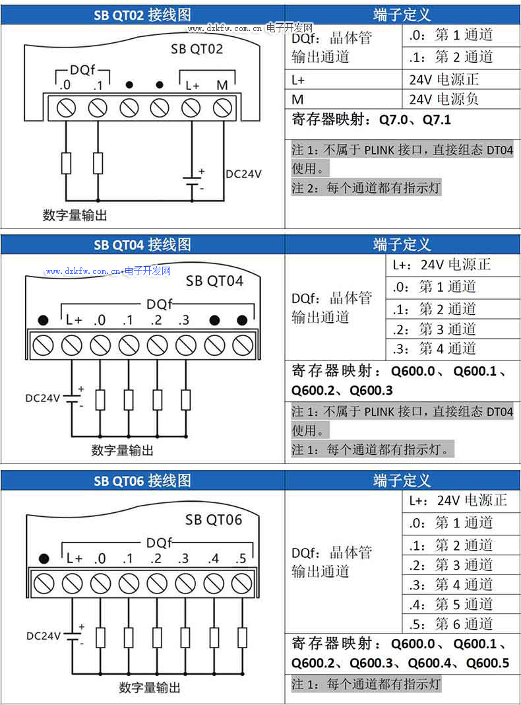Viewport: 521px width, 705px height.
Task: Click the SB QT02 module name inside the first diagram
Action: [197, 49]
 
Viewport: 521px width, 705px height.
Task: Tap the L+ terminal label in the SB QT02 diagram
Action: [192, 85]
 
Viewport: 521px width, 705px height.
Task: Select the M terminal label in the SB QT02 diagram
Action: [222, 85]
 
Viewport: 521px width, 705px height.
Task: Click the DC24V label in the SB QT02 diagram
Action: [243, 174]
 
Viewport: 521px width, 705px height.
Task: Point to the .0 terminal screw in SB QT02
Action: [66, 108]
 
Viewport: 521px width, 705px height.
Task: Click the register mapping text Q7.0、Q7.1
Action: [415, 121]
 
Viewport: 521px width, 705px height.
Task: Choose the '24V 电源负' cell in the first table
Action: [443, 100]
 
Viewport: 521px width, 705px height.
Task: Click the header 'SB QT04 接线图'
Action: [142, 245]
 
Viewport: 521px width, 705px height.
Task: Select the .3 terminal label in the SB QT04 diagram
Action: [183, 320]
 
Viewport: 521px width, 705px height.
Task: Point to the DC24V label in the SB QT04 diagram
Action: [42, 398]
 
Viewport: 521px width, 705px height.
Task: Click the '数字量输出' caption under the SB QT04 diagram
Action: [122, 450]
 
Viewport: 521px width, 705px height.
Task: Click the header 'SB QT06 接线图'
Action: [142, 481]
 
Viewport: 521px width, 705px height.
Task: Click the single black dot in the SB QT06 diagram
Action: [44, 558]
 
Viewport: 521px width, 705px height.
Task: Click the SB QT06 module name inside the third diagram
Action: [214, 520]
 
